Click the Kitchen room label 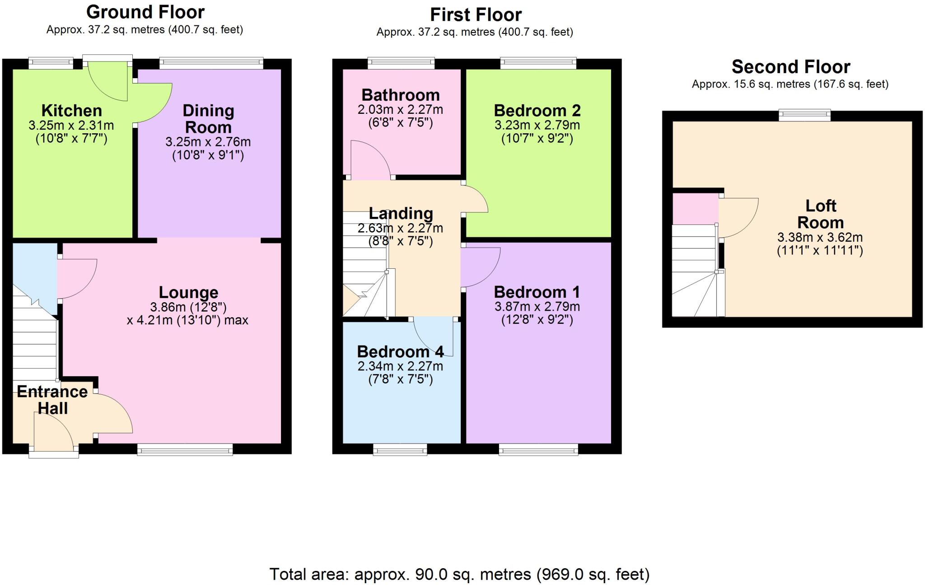tap(71, 111)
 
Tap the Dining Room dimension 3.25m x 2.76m tap(208, 142)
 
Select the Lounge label tap(188, 293)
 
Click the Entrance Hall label tap(52, 400)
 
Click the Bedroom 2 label tap(537, 111)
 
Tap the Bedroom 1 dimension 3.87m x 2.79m tap(537, 307)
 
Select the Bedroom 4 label tap(400, 351)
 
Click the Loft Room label tap(820, 214)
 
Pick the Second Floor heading tap(791, 67)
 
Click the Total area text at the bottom tap(459, 574)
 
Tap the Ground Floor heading tap(145, 12)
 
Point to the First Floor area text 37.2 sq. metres tap(474, 32)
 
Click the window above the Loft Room tap(804, 115)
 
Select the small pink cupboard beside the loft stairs tap(695, 209)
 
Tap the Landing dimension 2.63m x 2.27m tap(400, 229)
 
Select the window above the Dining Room tap(211, 63)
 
